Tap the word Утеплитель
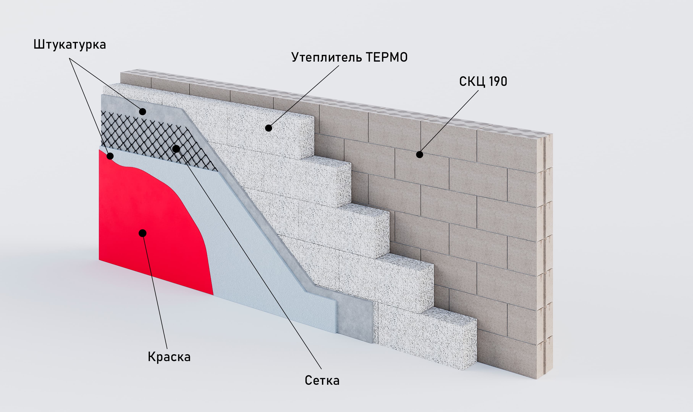point(327,57)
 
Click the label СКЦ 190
point(483,81)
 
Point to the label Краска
point(169,357)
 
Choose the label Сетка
point(322,380)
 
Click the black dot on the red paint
point(142,233)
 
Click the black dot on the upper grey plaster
point(142,112)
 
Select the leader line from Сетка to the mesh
point(249,259)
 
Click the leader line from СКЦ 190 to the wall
point(449,122)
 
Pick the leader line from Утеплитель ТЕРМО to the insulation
point(304,97)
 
